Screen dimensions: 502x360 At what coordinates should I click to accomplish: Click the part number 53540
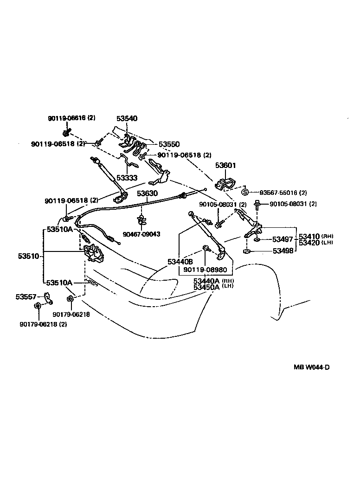coord(127,119)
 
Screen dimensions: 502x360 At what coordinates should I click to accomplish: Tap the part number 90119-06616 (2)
coord(71,118)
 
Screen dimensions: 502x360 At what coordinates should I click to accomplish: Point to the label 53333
coord(127,177)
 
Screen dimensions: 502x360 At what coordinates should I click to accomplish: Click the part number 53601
coord(225,165)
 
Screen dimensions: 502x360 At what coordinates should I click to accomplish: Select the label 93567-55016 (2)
coord(283,193)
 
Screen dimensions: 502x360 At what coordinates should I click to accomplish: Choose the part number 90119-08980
coord(205,270)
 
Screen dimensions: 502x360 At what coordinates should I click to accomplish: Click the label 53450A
coord(206,287)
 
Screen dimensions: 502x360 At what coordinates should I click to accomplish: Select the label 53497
coord(282,239)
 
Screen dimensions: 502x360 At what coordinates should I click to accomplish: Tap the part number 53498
coord(282,251)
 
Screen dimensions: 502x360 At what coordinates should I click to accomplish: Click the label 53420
coord(309,243)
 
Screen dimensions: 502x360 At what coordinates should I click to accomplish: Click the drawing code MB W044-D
coord(311,367)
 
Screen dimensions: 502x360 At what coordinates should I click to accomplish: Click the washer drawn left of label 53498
coord(247,251)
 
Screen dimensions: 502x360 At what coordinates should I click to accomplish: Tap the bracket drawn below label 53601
coord(225,184)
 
